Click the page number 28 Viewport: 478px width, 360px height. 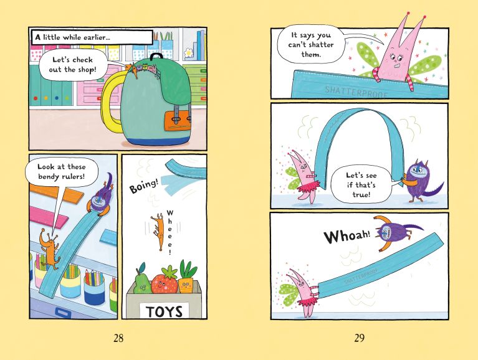[118, 338]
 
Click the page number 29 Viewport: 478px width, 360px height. [359, 338]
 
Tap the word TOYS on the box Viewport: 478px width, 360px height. [165, 310]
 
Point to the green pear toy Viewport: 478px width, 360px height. [141, 280]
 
